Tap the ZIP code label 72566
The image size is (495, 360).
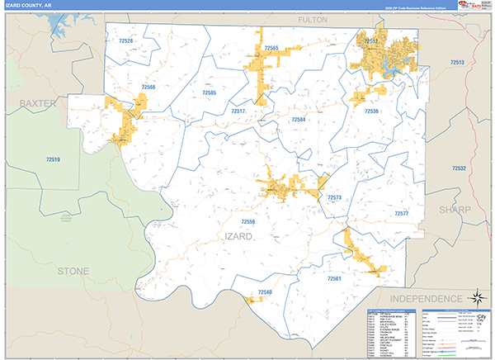point(148,87)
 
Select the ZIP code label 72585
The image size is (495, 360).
point(209,92)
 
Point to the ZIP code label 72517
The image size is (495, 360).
point(238,110)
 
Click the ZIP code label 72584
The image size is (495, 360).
point(298,120)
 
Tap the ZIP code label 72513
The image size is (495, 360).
point(457,63)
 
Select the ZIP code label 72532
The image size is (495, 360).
point(459,168)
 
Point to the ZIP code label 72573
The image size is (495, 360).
point(334,198)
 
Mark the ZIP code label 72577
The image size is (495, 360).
point(402,213)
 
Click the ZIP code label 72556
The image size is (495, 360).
point(248,221)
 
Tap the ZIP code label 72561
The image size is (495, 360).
point(334,279)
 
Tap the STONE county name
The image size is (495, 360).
point(73,271)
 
